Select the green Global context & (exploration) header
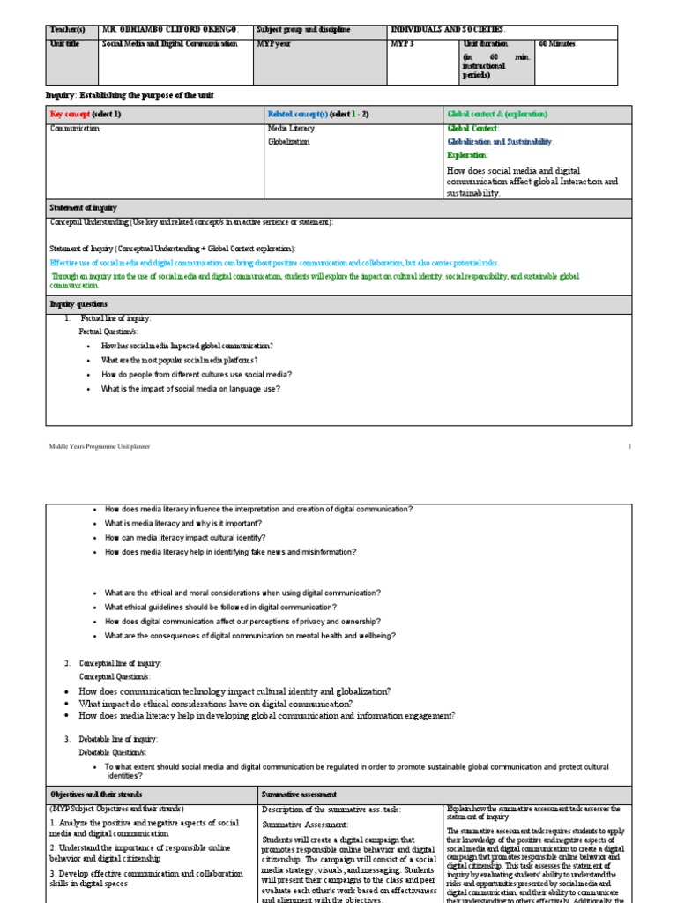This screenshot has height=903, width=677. tap(497, 115)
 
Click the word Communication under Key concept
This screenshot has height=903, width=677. tap(75, 129)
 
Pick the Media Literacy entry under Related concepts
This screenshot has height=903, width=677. tap(292, 129)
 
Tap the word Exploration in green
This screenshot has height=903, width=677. tap(467, 155)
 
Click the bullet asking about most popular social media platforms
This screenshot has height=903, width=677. tap(179, 361)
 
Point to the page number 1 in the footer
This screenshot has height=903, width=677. tap(629, 446)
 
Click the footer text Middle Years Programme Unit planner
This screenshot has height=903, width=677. tap(99, 446)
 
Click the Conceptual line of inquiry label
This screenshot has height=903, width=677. tap(121, 663)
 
